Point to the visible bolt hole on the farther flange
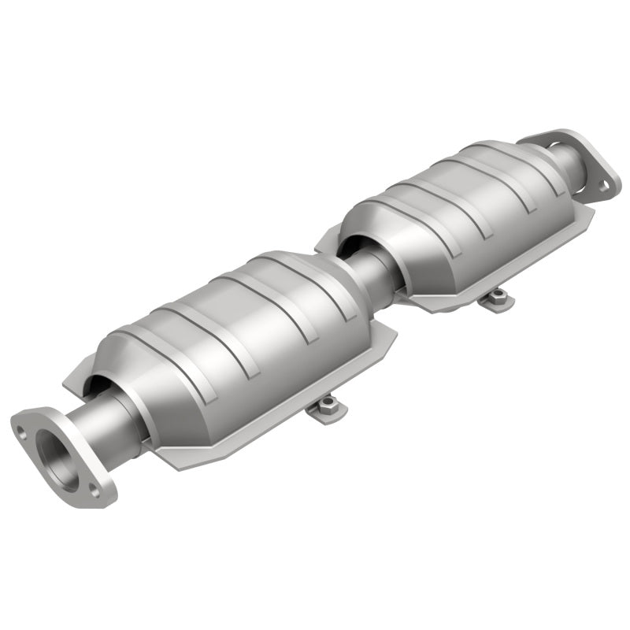603,186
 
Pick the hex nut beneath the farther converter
497,295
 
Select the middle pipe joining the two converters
372,272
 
